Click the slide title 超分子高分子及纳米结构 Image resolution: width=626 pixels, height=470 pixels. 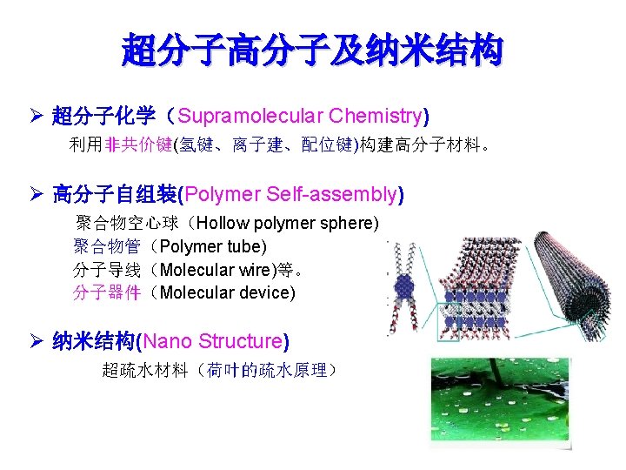(312, 50)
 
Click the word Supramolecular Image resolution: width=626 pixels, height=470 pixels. (236, 116)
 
